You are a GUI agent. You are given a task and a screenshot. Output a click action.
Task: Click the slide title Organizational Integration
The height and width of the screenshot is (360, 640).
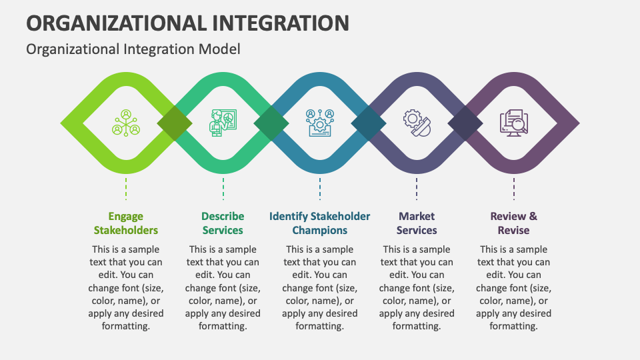click(187, 23)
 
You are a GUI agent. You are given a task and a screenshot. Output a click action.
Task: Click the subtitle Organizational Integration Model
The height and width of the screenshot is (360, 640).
click(133, 49)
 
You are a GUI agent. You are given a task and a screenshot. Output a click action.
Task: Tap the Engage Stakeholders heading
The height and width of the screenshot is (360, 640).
click(126, 223)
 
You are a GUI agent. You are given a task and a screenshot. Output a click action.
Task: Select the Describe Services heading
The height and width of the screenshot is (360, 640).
click(223, 223)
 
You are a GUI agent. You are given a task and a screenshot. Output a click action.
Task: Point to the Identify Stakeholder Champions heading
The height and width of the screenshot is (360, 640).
click(320, 223)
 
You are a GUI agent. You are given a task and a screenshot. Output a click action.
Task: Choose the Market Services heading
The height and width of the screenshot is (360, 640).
click(417, 223)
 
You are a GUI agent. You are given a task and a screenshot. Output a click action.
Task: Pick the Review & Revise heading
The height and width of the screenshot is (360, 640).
click(513, 223)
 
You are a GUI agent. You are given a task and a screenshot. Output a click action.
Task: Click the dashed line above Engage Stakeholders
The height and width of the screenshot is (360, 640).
click(126, 188)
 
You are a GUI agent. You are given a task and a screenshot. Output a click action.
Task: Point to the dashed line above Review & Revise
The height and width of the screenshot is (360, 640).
click(513, 188)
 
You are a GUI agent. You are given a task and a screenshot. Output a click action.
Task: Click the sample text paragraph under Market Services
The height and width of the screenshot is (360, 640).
click(417, 288)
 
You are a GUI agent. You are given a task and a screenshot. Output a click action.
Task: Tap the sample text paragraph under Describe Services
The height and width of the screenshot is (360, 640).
click(223, 288)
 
